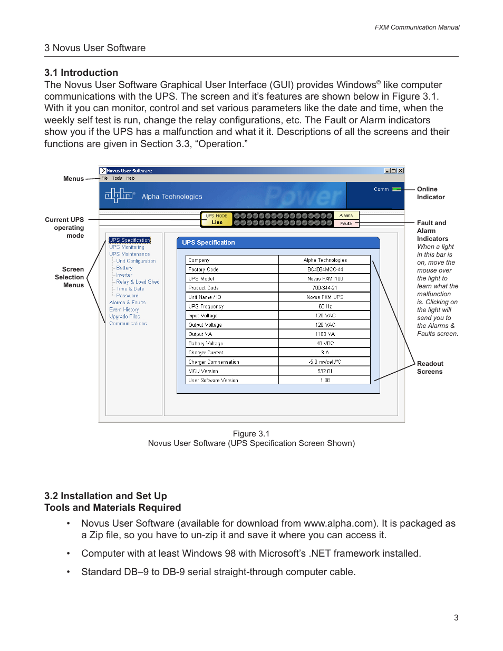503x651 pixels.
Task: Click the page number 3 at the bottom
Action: (x=456, y=617)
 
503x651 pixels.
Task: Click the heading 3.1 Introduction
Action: (x=81, y=73)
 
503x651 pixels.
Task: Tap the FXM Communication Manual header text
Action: (x=417, y=27)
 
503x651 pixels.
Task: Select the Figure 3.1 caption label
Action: (x=251, y=434)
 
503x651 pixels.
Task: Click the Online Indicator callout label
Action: (x=430, y=193)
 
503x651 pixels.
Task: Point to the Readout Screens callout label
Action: (x=430, y=367)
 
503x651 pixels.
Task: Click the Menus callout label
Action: (x=73, y=179)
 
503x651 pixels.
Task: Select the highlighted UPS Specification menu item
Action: (x=130, y=240)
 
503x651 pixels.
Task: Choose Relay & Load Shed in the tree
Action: (x=138, y=282)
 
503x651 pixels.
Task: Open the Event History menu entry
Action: (x=124, y=310)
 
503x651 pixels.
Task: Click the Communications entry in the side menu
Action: (x=128, y=324)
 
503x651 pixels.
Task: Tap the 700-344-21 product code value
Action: (x=325, y=288)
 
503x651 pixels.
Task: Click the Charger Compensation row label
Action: (x=214, y=362)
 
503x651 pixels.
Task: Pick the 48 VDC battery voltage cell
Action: (x=325, y=344)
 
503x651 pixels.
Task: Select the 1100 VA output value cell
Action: (x=325, y=334)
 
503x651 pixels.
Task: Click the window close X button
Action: (x=401, y=171)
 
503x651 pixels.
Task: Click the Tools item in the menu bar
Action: (x=117, y=178)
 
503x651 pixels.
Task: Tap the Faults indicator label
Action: (x=346, y=224)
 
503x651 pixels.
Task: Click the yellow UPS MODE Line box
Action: (x=217, y=219)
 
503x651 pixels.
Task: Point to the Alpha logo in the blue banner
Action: (x=120, y=196)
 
